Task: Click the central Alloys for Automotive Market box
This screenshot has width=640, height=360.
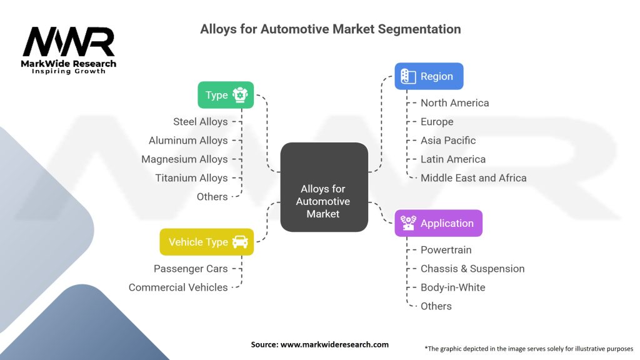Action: click(323, 187)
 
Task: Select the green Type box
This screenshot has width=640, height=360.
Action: click(226, 95)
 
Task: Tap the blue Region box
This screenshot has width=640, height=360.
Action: click(428, 76)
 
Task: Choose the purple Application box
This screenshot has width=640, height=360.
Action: click(438, 223)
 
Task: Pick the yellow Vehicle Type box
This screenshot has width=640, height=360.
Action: click(207, 242)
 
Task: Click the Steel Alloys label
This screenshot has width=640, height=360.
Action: click(200, 121)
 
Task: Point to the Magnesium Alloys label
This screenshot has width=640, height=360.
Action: click(184, 159)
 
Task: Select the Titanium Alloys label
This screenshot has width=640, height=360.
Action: click(191, 177)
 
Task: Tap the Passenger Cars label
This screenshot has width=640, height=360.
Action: click(191, 268)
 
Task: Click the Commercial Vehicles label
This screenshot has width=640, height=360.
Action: click(178, 287)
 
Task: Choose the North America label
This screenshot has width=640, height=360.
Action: click(454, 102)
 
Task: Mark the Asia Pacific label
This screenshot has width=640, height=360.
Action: click(448, 140)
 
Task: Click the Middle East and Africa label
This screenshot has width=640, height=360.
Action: click(473, 177)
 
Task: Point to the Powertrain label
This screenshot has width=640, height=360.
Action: click(446, 249)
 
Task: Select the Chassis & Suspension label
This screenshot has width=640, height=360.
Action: click(472, 268)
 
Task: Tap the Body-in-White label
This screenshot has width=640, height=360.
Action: click(452, 287)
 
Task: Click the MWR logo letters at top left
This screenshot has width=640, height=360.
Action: click(69, 42)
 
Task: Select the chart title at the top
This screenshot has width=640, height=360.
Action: click(330, 29)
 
